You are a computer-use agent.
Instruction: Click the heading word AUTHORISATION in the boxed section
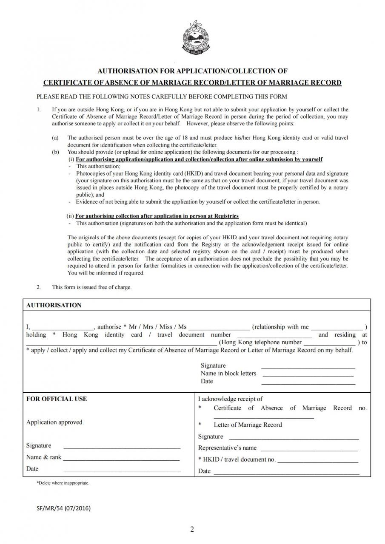click(54, 305)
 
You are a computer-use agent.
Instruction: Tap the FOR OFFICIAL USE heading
click(57, 399)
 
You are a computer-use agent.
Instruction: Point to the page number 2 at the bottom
click(192, 529)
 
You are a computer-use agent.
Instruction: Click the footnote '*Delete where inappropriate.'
click(63, 483)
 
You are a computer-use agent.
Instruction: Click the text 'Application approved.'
click(55, 422)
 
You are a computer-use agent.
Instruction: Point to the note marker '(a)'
click(55, 138)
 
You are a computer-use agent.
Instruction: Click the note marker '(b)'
click(55, 152)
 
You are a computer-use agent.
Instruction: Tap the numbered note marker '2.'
click(39, 287)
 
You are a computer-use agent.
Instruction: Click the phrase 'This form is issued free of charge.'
click(92, 287)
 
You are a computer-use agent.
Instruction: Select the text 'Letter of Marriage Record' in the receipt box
click(248, 425)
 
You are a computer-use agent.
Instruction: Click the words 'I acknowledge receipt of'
click(230, 399)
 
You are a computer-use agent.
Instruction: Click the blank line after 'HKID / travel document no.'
click(318, 460)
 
